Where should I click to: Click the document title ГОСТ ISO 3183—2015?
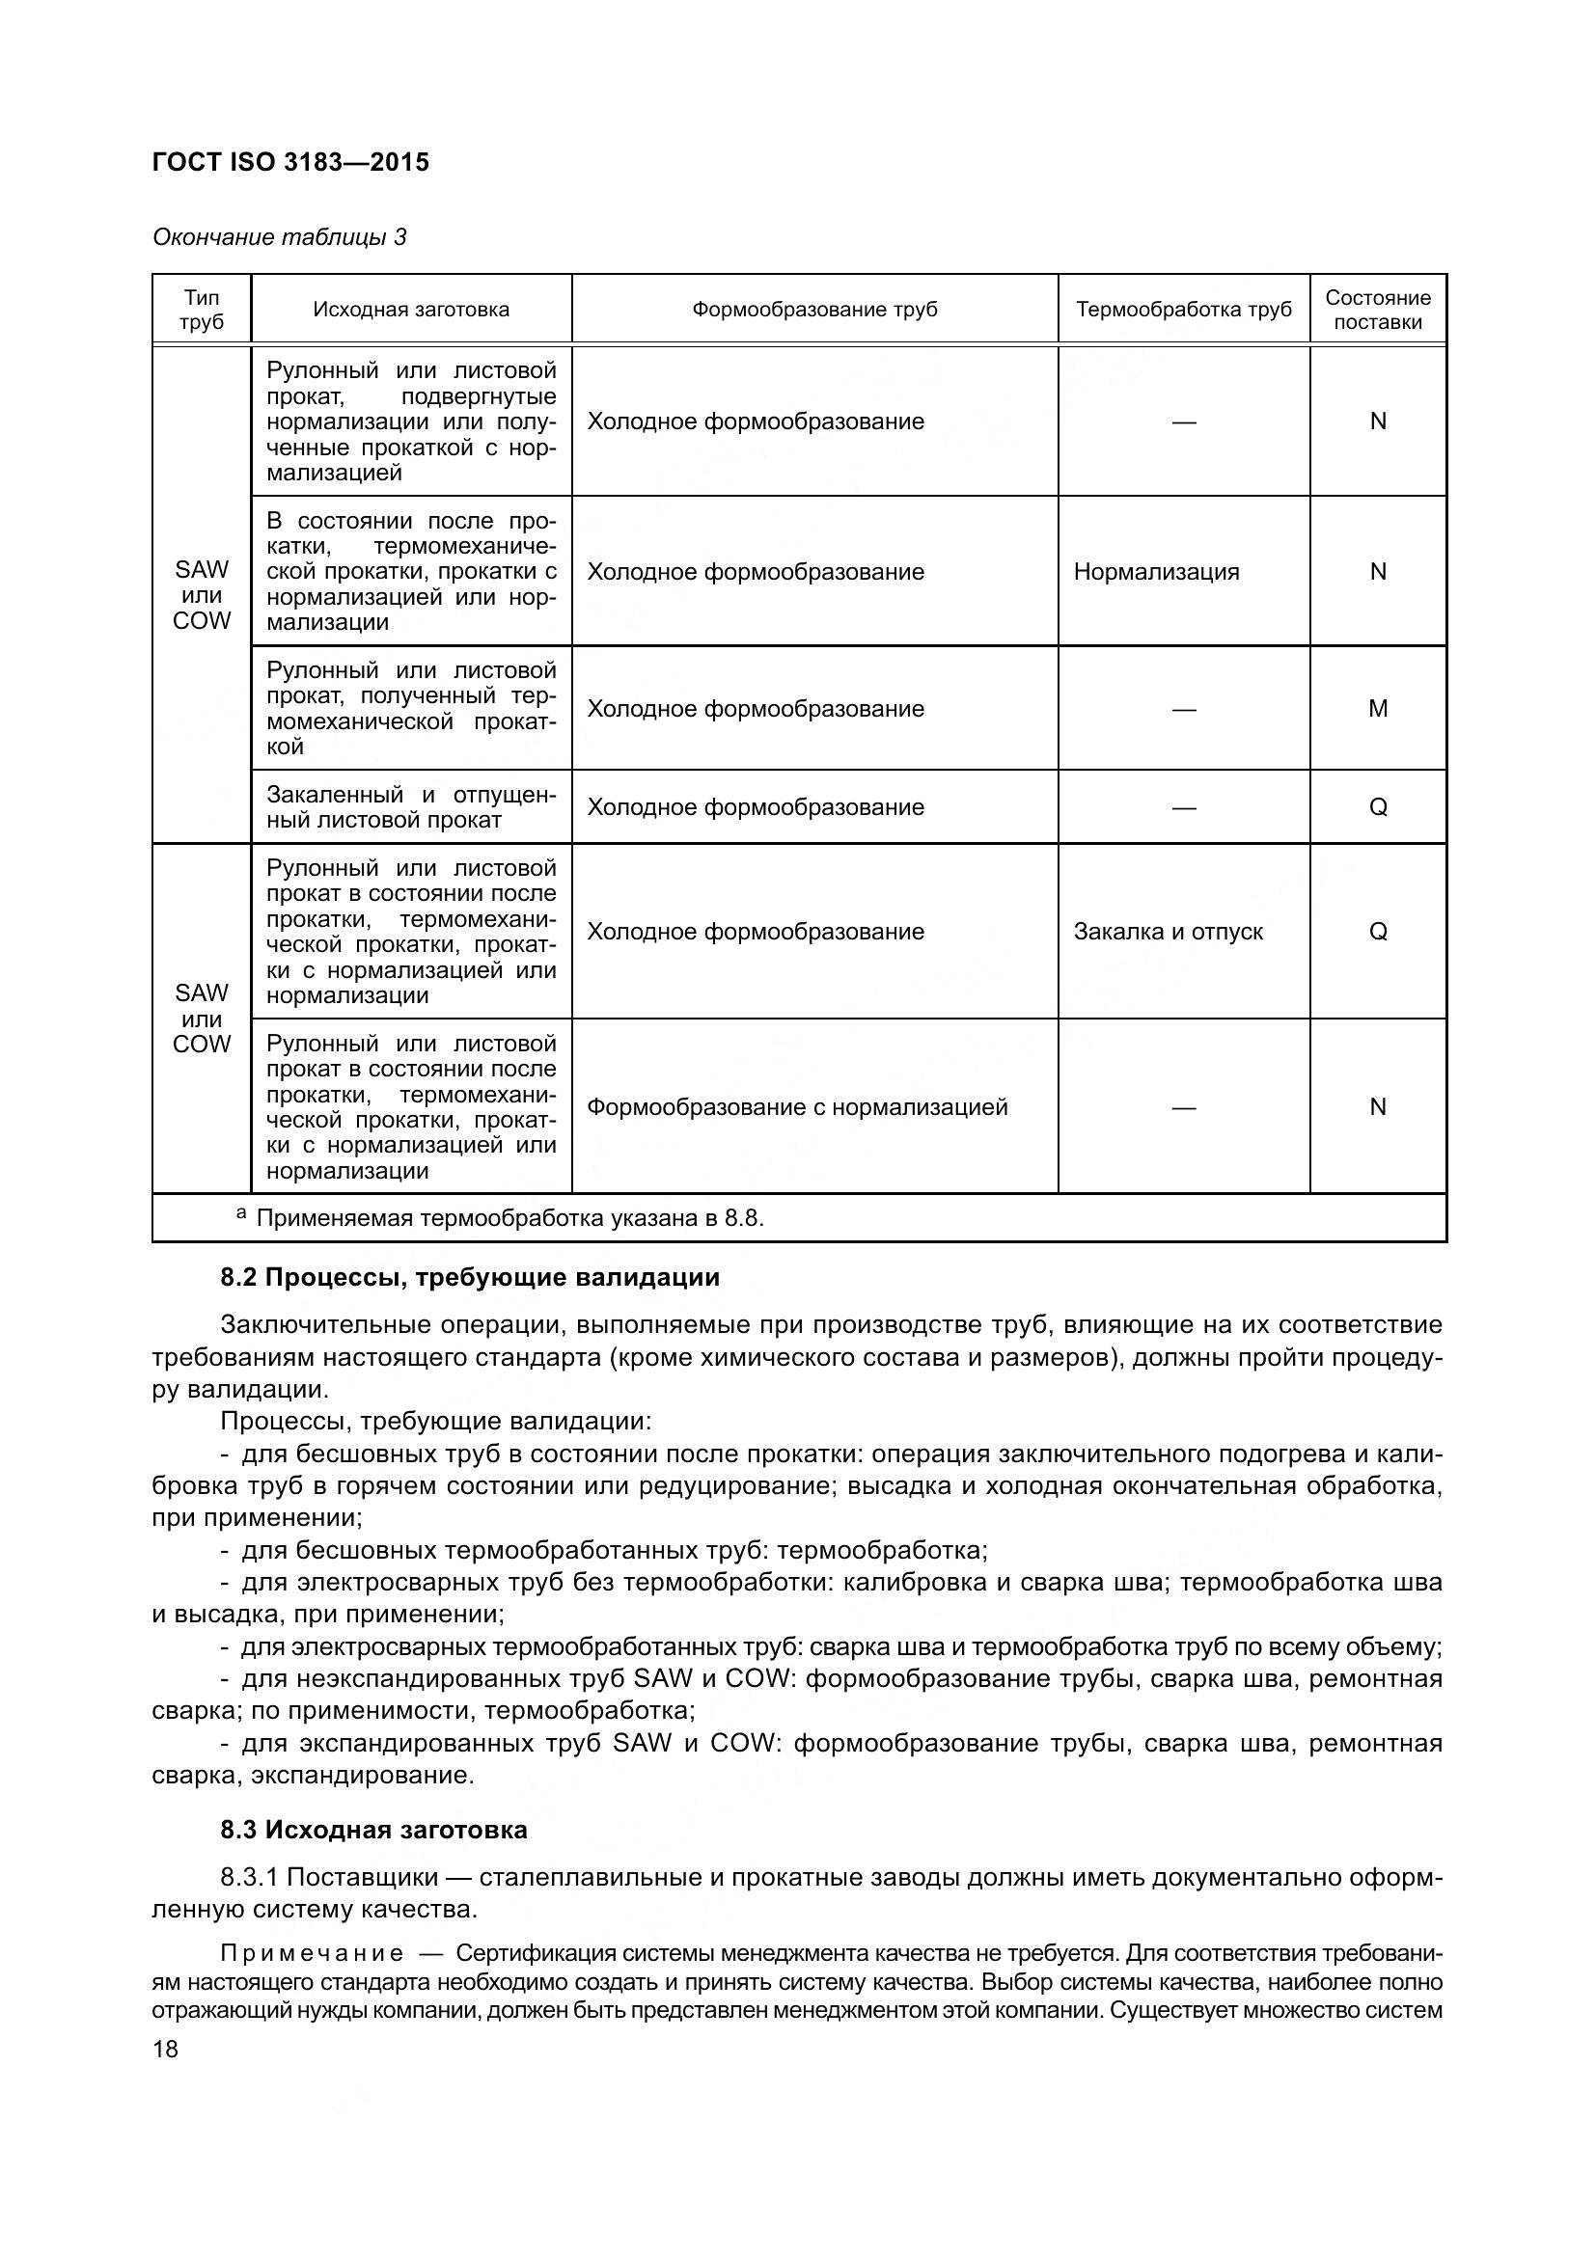290,163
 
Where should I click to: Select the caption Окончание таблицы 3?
279,238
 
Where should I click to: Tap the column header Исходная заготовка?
411,311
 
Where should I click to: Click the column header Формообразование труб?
813,311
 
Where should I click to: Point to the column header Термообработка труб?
1183,311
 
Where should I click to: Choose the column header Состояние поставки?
1377,311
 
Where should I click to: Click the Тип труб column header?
202,311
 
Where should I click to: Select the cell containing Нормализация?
1156,572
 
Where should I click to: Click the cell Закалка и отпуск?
1168,932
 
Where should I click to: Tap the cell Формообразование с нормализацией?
797,1107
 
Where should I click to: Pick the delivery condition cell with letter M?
1377,709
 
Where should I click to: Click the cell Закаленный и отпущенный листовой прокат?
411,807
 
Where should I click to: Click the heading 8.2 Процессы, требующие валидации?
470,1277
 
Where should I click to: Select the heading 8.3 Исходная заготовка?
373,1830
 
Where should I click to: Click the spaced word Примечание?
312,1952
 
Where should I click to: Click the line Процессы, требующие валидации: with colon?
435,1422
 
